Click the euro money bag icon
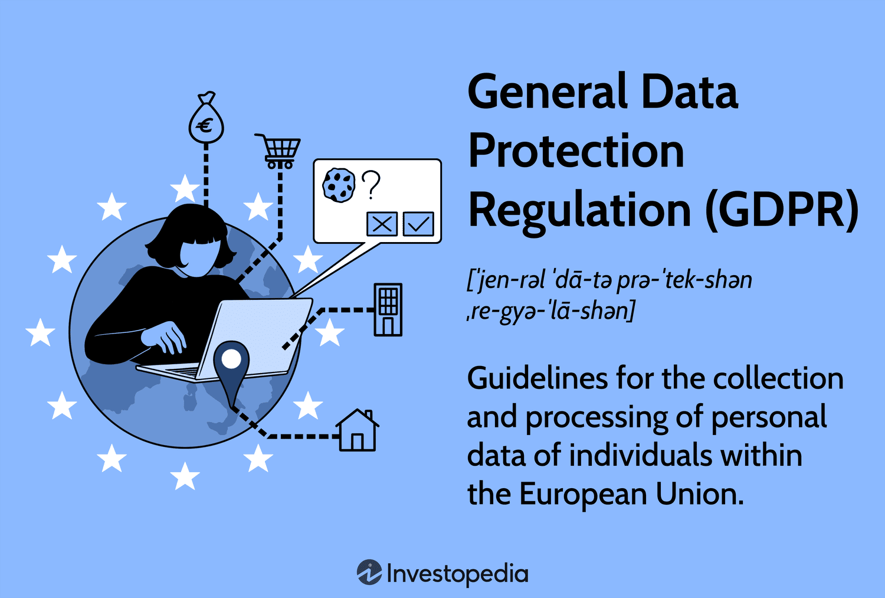pos(206,123)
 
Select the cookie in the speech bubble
pos(339,185)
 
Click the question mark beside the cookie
pos(371,185)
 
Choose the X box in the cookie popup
pos(382,224)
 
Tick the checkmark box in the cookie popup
pos(418,224)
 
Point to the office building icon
pos(388,310)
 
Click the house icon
pos(357,432)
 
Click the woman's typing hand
pos(166,336)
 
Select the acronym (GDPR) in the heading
pos(782,211)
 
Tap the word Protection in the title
pos(576,151)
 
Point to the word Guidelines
pos(537,378)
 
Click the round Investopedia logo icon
pos(369,573)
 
